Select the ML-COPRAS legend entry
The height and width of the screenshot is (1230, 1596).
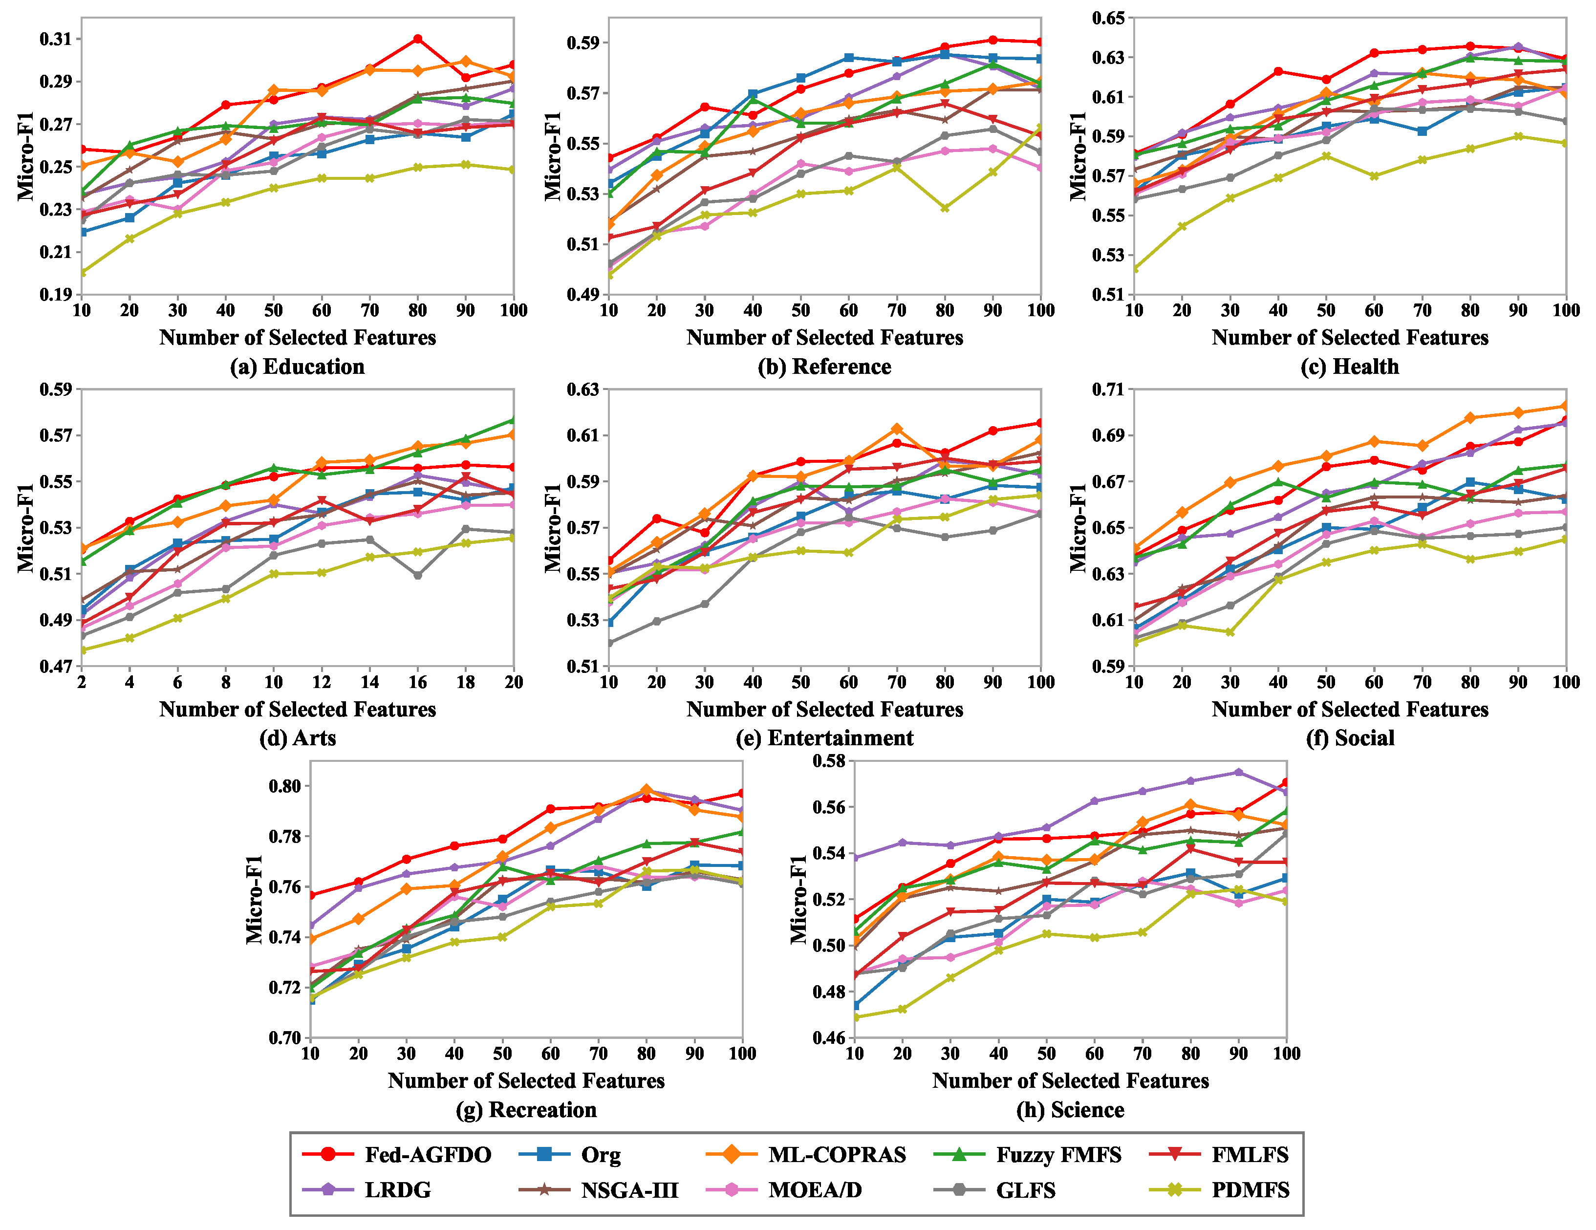click(x=806, y=1155)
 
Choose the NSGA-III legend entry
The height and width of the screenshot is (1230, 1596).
click(x=599, y=1190)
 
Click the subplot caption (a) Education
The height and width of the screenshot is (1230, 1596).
click(x=298, y=366)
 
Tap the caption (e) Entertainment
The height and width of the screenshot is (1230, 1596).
click(x=824, y=737)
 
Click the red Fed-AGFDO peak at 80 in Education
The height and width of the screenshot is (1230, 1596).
click(x=417, y=39)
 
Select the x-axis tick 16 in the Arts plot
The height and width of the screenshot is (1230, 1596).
click(x=417, y=682)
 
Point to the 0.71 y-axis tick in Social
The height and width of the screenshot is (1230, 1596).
click(x=1108, y=389)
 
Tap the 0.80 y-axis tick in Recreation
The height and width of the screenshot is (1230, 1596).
click(x=285, y=786)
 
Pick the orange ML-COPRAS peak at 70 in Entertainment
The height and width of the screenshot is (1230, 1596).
click(x=897, y=429)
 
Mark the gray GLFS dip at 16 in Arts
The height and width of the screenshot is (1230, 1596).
click(x=417, y=575)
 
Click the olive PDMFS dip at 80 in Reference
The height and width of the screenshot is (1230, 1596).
click(x=945, y=208)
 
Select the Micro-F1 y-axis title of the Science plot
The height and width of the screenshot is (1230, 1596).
click(x=799, y=899)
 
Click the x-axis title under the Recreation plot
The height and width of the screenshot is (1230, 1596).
click(x=526, y=1080)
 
